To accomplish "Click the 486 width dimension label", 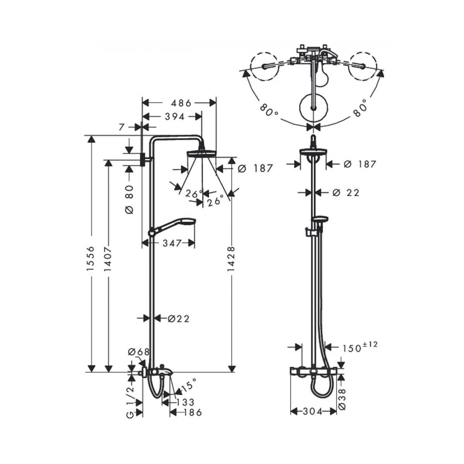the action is pos(181,103).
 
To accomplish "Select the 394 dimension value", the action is pos(174,117).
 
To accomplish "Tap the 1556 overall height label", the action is pos(90,258).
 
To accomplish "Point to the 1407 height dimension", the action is pos(108,259).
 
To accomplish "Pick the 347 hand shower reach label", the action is pos(172,243).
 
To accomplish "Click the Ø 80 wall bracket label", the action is pos(129,200).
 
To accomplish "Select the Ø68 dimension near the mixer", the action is pos(139,352).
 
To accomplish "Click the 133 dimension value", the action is pos(186,402).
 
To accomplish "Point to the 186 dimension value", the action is pos(193,412).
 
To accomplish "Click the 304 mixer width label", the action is pos(313,412).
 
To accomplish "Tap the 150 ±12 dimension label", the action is pos(360,347).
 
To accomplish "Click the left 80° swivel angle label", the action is pos(269,109).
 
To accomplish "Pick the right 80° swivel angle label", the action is pos(360,107).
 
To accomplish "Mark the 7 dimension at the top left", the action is pos(121,127).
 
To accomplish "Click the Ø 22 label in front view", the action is pos(346,193).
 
